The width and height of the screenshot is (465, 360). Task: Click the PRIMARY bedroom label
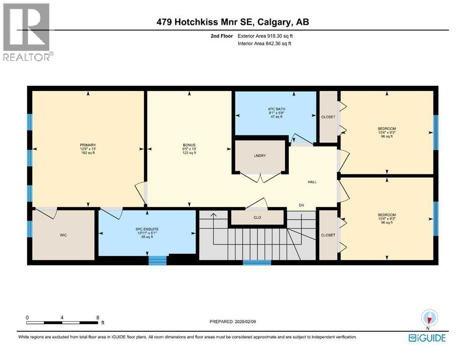click(x=88, y=145)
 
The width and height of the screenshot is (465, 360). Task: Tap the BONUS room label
click(x=189, y=145)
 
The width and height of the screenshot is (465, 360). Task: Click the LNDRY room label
click(x=260, y=156)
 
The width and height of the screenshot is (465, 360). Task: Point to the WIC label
click(x=64, y=235)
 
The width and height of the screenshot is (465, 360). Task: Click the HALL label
click(x=312, y=182)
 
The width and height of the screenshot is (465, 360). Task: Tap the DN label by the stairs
click(x=303, y=205)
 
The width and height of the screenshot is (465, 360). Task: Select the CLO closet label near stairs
click(x=257, y=217)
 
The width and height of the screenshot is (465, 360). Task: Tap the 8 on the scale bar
click(x=97, y=317)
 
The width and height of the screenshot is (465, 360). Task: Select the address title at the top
click(x=233, y=22)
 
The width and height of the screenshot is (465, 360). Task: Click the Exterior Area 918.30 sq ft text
click(x=267, y=36)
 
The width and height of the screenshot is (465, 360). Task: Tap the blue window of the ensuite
click(x=157, y=260)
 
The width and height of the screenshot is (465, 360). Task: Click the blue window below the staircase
click(x=257, y=262)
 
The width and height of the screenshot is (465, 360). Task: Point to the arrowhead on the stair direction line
click(x=213, y=215)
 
